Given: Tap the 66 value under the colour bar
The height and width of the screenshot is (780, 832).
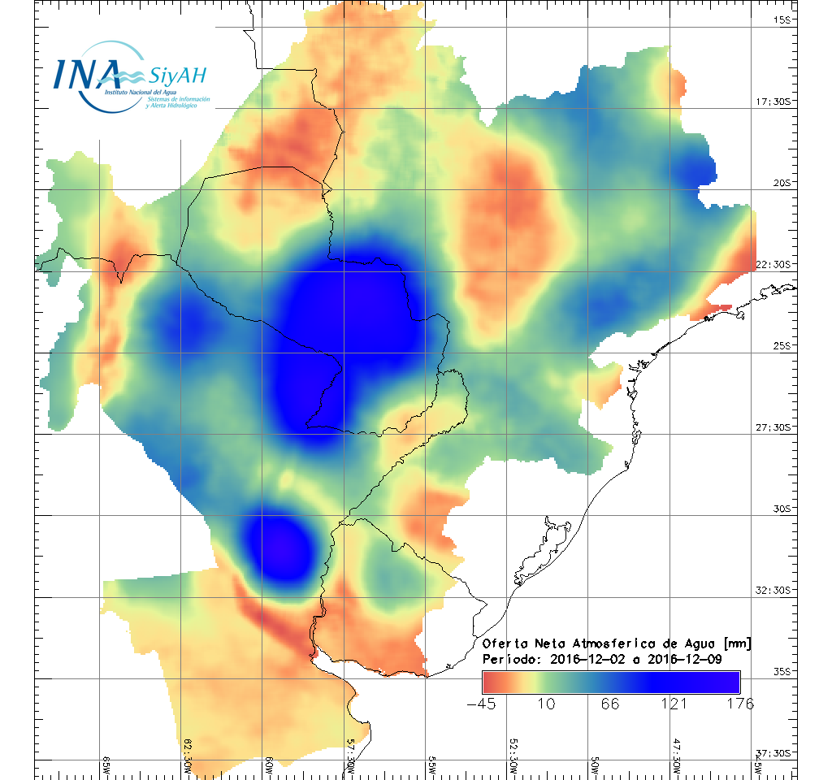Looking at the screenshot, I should click(610, 704).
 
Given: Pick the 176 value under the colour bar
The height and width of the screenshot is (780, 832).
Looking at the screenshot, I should click(739, 704).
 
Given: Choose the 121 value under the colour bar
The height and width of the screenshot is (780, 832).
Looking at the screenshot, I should click(675, 704).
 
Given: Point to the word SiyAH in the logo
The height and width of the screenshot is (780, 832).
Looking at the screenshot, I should click(177, 76).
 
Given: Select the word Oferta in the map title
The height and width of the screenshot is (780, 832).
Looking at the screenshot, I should click(504, 643).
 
